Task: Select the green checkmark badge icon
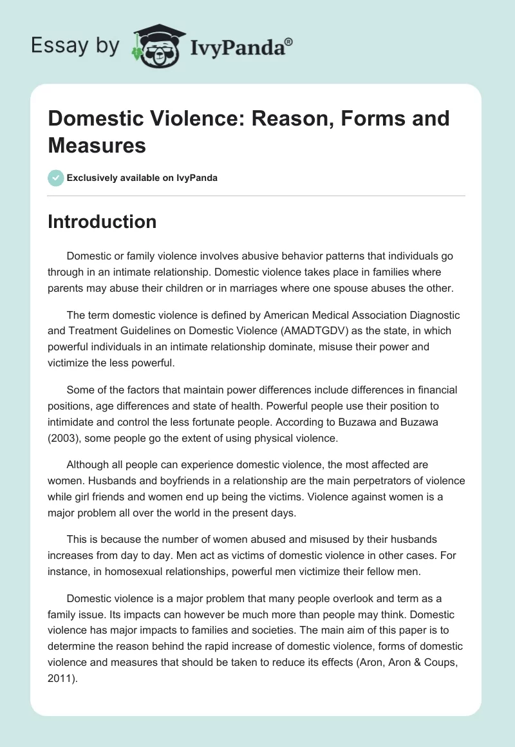pos(55,178)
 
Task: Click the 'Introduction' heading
pos(102,222)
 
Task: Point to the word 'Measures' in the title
pos(97,145)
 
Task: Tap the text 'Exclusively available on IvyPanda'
pos(142,178)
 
